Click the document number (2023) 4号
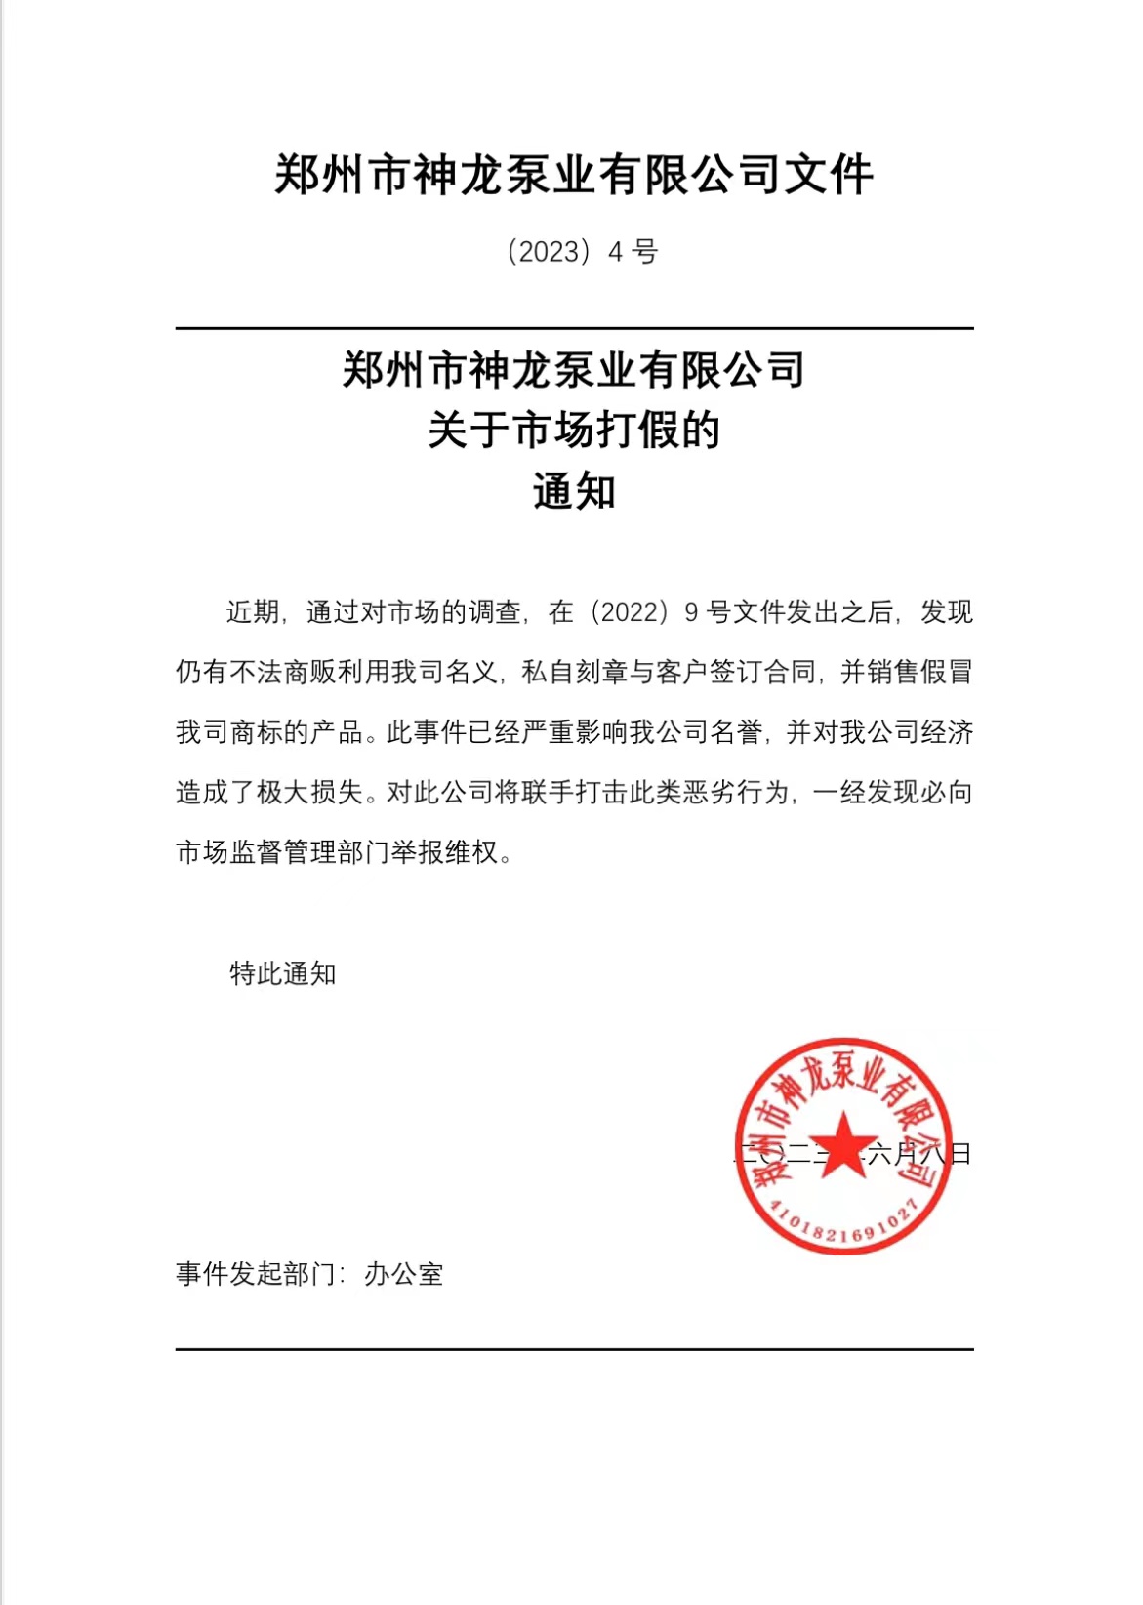pyautogui.click(x=582, y=252)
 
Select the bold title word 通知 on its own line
pyautogui.click(x=574, y=491)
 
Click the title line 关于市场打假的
pyautogui.click(x=574, y=431)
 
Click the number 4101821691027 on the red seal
pyautogui.click(x=841, y=1224)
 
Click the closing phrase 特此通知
pyautogui.click(x=283, y=973)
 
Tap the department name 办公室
pyautogui.click(x=404, y=1274)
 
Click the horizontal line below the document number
pyautogui.click(x=574, y=329)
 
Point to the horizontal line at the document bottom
pyautogui.click(x=574, y=1349)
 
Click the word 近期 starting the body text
pyautogui.click(x=254, y=612)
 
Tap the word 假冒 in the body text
pyautogui.click(x=947, y=673)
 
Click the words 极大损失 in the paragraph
pyautogui.click(x=309, y=792)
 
